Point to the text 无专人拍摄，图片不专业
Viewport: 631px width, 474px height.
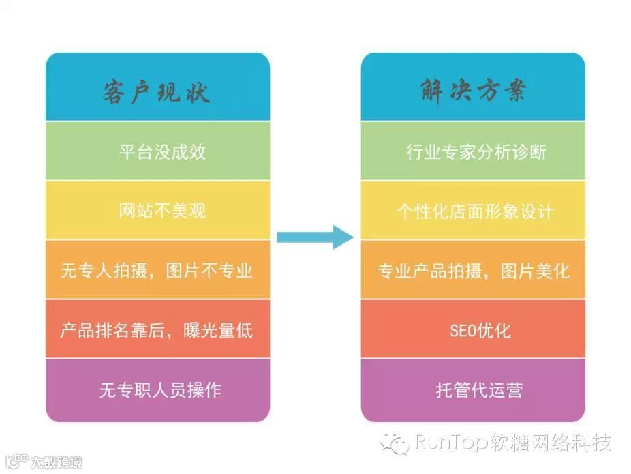click(x=157, y=271)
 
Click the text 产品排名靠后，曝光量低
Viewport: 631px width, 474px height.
click(x=157, y=330)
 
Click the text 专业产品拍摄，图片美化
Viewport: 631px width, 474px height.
click(x=473, y=271)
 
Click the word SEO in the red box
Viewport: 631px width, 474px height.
click(x=461, y=330)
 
